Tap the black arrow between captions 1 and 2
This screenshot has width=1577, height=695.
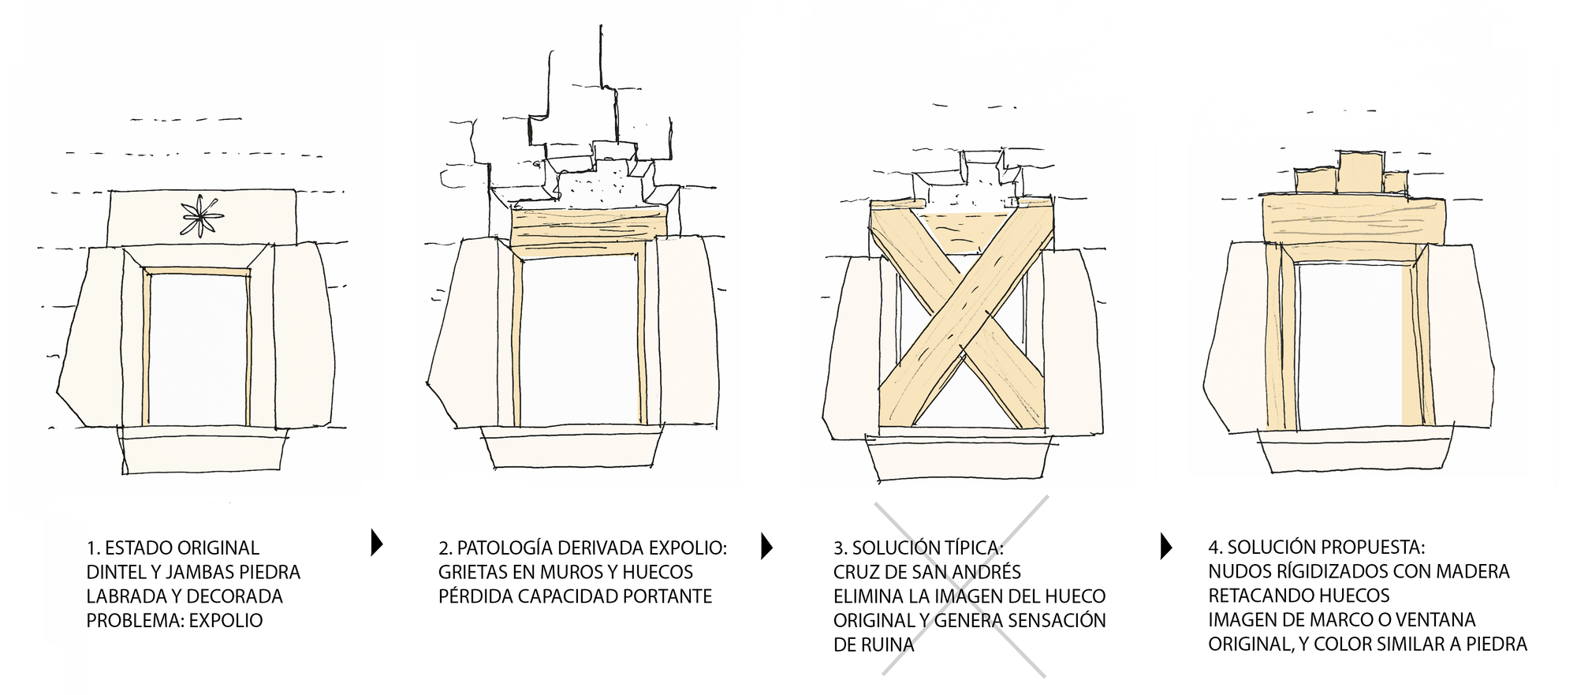(x=376, y=544)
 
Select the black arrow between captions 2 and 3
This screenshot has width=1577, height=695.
(x=766, y=546)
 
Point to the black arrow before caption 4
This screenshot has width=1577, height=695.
(x=1166, y=546)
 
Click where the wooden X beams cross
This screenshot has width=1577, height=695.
(x=961, y=316)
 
